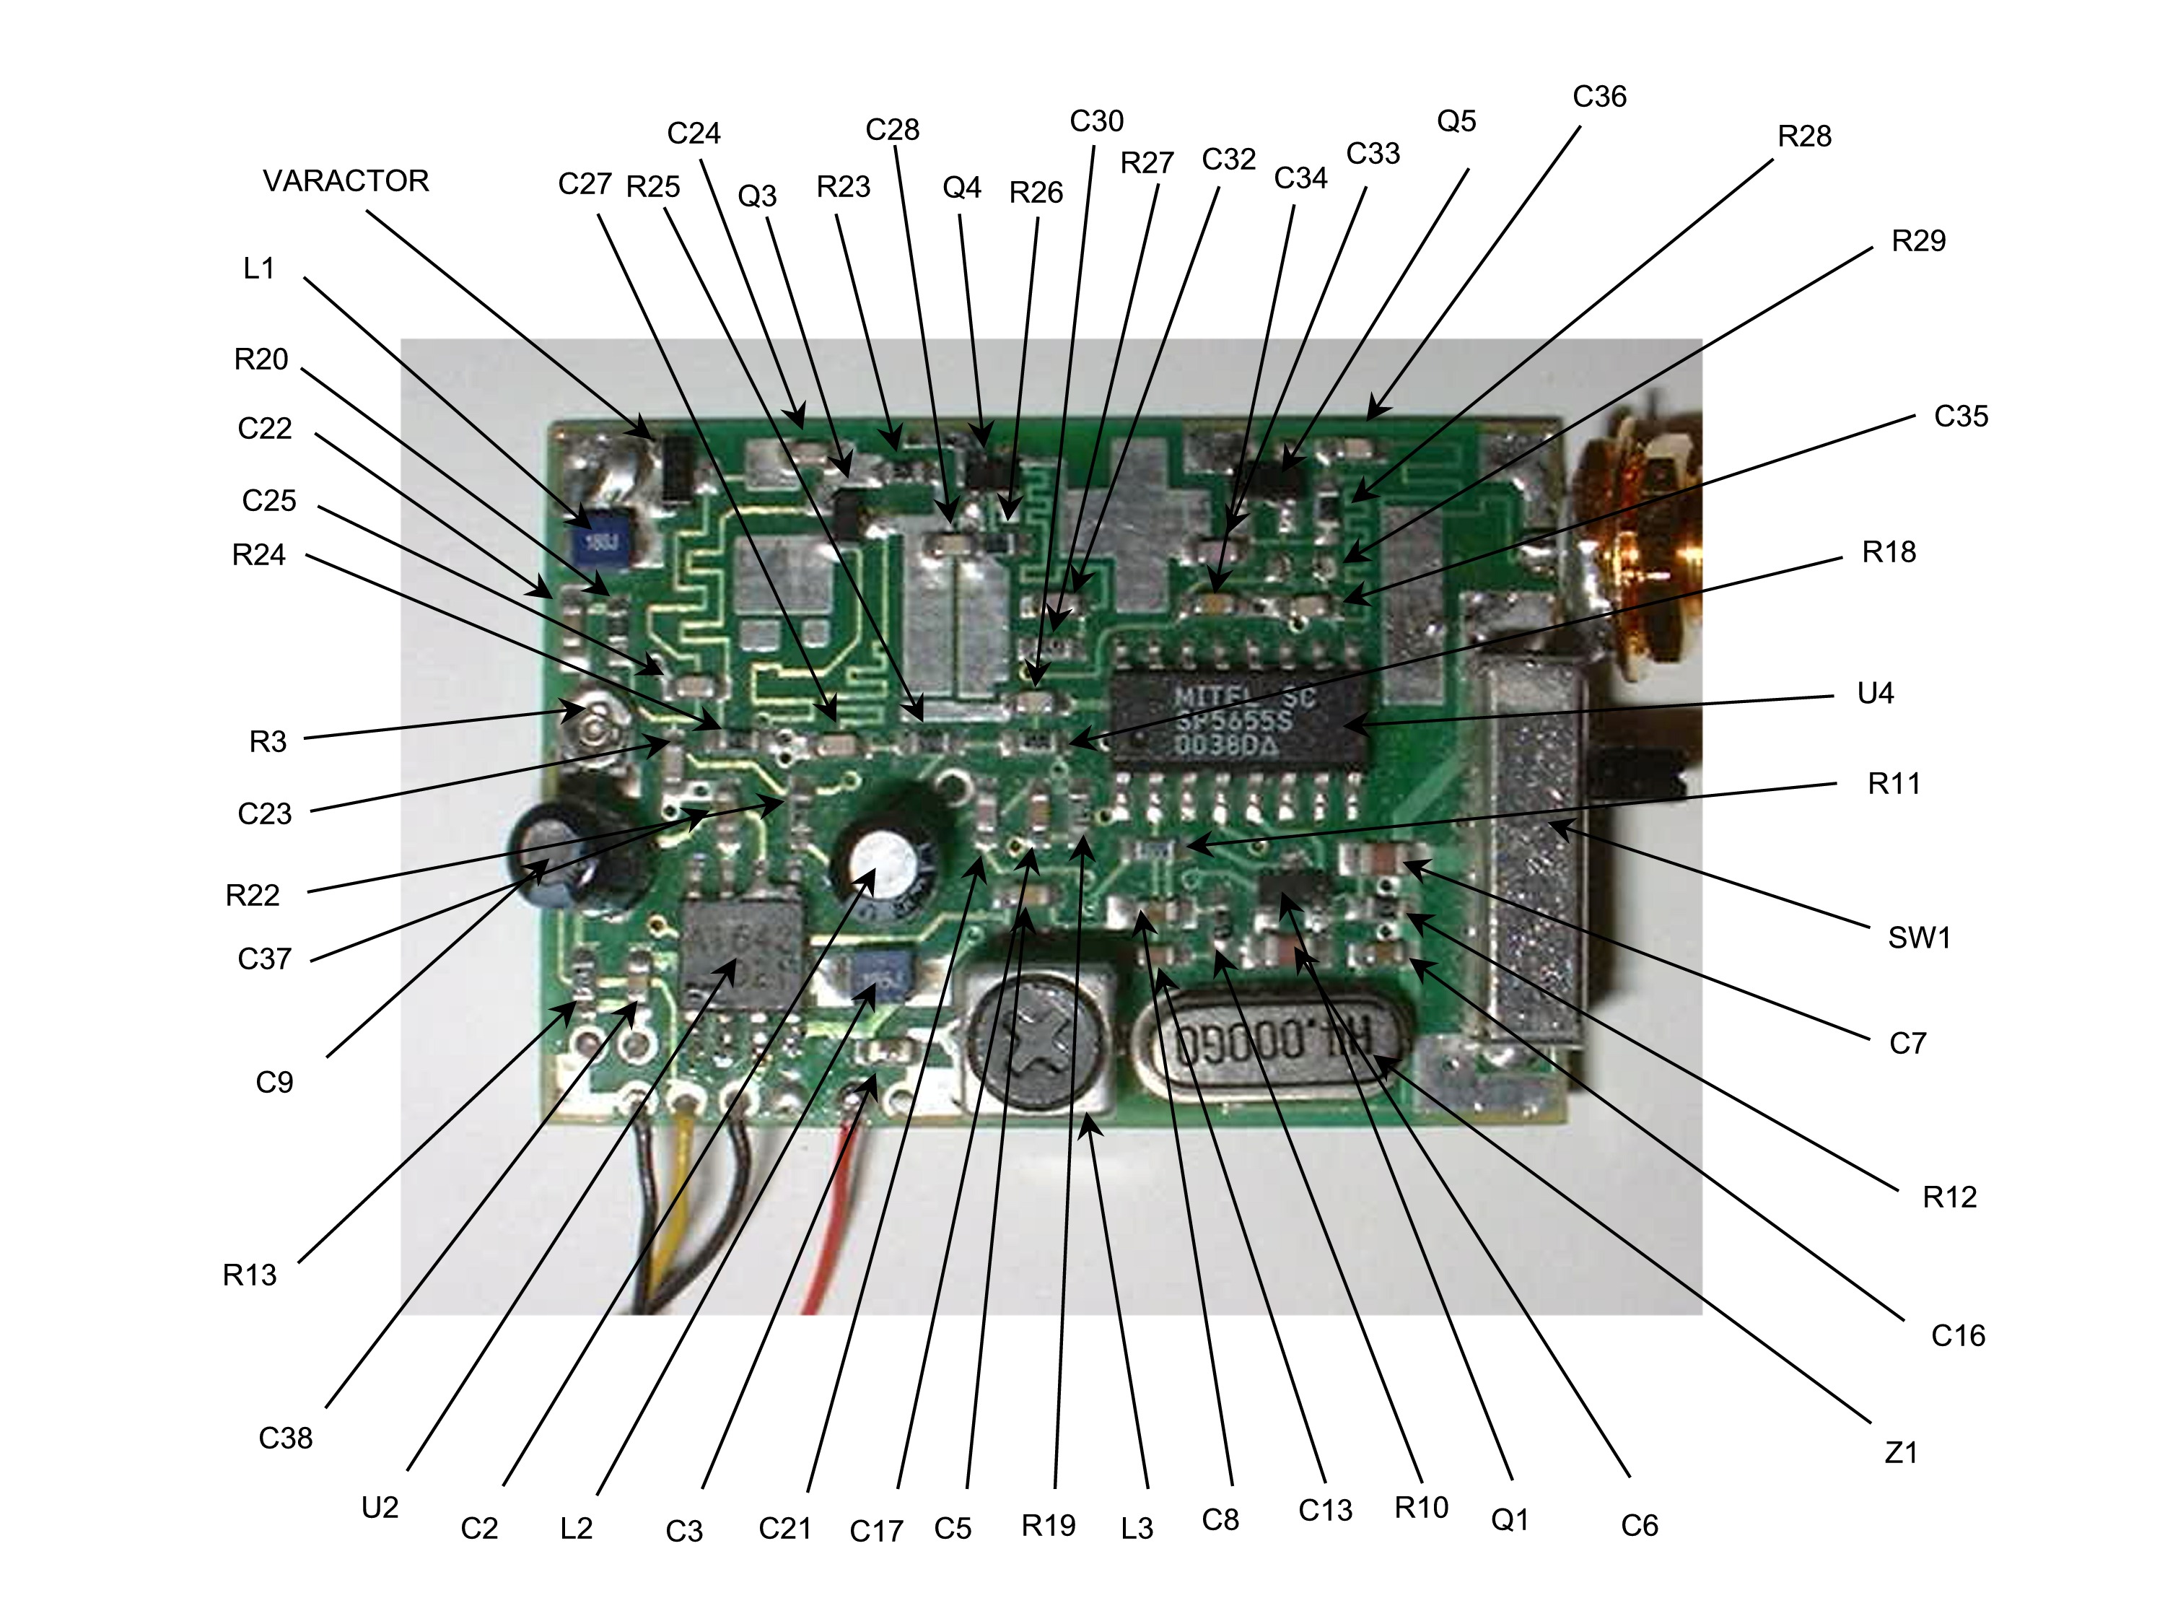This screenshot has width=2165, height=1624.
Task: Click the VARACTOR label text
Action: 346,181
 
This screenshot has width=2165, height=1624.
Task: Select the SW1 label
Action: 1918,938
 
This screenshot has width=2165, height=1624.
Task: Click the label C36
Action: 1599,97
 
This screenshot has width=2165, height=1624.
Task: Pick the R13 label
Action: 250,1275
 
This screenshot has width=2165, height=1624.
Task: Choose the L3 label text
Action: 1137,1528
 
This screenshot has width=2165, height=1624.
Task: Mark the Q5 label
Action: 1456,121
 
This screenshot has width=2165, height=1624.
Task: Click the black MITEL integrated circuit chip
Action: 1238,720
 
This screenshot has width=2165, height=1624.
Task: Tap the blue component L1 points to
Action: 600,541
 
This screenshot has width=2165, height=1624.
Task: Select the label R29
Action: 1917,242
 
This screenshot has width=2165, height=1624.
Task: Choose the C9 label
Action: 274,1082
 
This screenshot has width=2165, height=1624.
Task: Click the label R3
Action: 267,742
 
